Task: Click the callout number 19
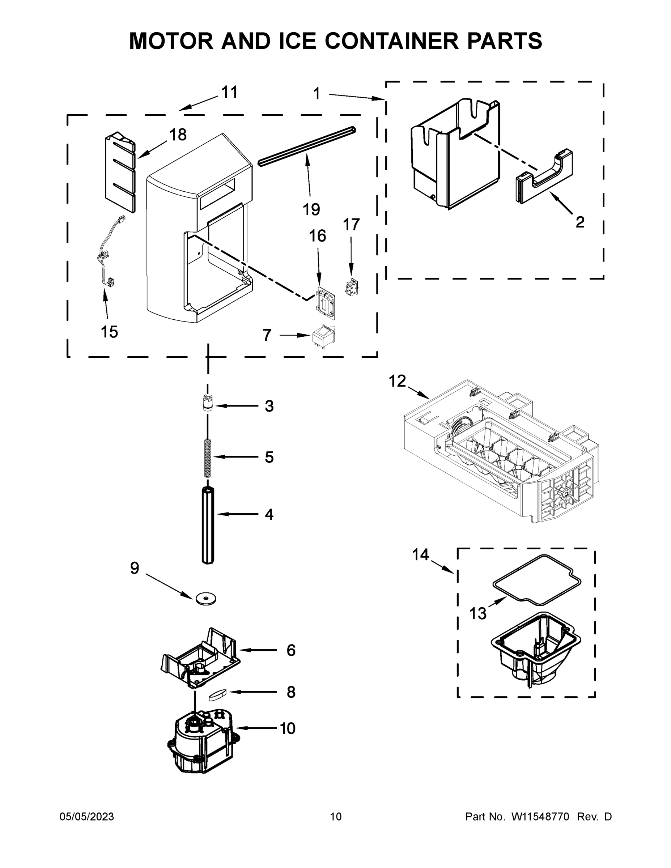tap(311, 209)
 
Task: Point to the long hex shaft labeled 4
tap(208, 525)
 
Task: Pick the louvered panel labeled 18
tap(120, 172)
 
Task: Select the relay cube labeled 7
tap(323, 337)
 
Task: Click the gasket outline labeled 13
tap(537, 580)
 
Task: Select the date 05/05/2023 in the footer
tap(87, 816)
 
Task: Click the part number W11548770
tap(540, 816)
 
